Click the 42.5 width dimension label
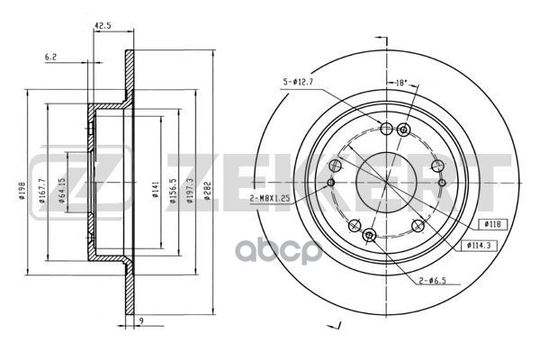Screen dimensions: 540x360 tap(103, 26)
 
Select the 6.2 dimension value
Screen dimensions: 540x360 tap(50, 58)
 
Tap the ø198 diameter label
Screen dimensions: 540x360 tap(22, 192)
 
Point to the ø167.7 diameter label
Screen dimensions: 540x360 tap(42, 191)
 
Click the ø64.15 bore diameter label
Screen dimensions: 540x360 tap(61, 191)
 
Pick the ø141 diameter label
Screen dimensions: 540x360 tap(156, 189)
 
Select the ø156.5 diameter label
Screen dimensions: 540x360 tap(173, 191)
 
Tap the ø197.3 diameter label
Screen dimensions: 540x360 tap(190, 191)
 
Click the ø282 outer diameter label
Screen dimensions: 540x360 tap(207, 191)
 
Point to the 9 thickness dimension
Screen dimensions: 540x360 tap(141, 320)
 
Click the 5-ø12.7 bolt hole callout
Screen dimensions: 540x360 tap(295, 82)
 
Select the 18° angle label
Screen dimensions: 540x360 tap(401, 83)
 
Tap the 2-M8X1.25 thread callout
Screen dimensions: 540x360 tap(270, 198)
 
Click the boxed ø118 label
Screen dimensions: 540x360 tap(493, 224)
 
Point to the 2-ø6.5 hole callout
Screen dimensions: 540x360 tap(432, 281)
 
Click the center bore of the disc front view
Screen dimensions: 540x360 tap(386, 182)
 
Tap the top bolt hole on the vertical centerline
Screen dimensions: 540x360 tap(386, 130)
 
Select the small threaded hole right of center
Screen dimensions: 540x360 tap(442, 183)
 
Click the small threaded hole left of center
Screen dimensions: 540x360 tap(331, 182)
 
